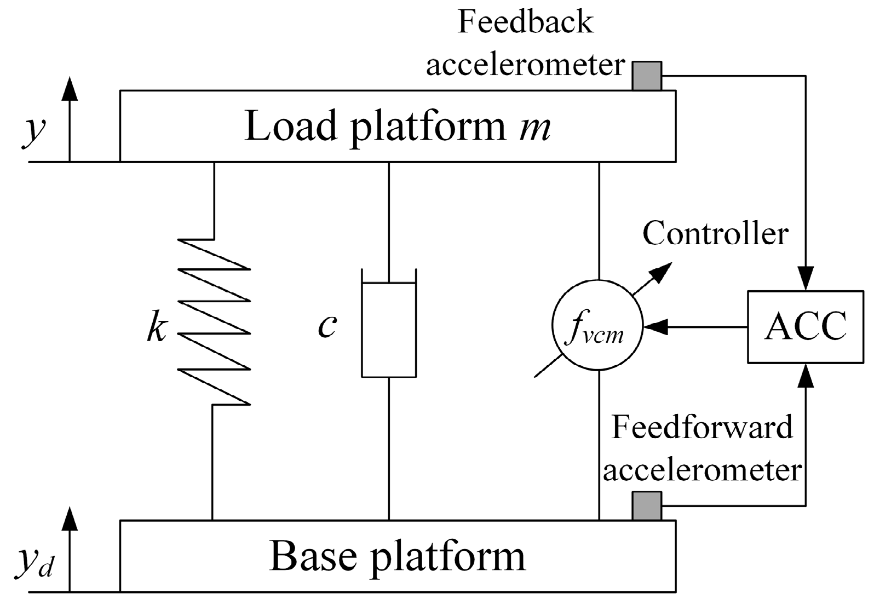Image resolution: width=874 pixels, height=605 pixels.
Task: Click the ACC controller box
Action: pyautogui.click(x=806, y=326)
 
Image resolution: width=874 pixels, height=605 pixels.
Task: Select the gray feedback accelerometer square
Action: pyautogui.click(x=647, y=76)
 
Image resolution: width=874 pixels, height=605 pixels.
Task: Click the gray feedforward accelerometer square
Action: pyautogui.click(x=647, y=505)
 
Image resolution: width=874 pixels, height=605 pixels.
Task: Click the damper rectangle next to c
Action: pyautogui.click(x=388, y=329)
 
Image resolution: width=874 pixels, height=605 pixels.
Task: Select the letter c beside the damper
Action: pyautogui.click(x=327, y=327)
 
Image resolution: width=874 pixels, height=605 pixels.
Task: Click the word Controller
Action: pyautogui.click(x=715, y=234)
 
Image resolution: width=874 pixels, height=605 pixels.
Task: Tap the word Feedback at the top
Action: pyautogui.click(x=525, y=22)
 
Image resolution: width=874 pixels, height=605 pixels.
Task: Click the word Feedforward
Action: pyautogui.click(x=702, y=427)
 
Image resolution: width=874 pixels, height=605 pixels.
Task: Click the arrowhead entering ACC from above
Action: pyautogui.click(x=806, y=279)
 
